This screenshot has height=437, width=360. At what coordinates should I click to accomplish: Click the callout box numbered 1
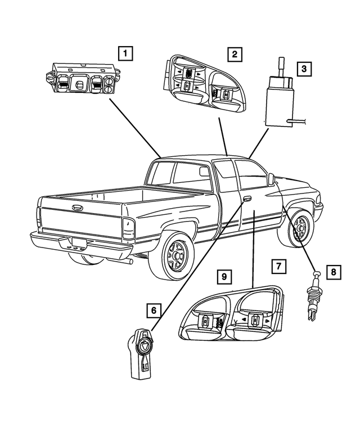point(125,53)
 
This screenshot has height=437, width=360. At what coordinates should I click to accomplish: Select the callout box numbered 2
point(235,54)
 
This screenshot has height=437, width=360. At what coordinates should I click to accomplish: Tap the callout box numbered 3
point(304,69)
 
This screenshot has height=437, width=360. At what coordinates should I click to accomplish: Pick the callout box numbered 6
point(154,310)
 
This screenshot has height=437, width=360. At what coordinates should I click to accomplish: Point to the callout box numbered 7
point(279,266)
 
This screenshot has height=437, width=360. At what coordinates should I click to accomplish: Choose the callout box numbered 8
point(334,271)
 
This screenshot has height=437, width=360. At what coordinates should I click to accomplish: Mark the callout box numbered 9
point(224,277)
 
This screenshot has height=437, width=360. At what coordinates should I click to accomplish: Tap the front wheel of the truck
point(298,228)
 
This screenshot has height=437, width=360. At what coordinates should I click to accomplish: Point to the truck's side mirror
point(271,179)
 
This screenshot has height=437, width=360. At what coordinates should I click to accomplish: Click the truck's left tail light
point(128,228)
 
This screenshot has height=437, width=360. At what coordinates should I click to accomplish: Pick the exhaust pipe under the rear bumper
point(128,261)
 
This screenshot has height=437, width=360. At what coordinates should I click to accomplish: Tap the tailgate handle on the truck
point(76,208)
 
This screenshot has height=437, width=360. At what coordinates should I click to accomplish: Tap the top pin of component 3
point(281,66)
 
